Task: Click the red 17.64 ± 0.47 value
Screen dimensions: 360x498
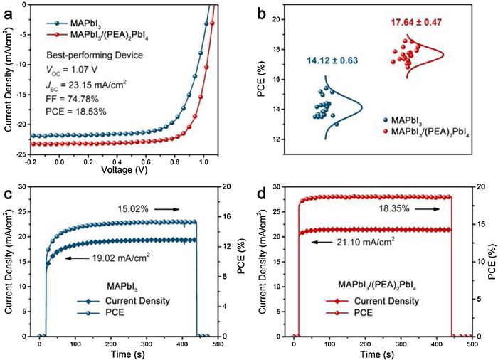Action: [x=415, y=23]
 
